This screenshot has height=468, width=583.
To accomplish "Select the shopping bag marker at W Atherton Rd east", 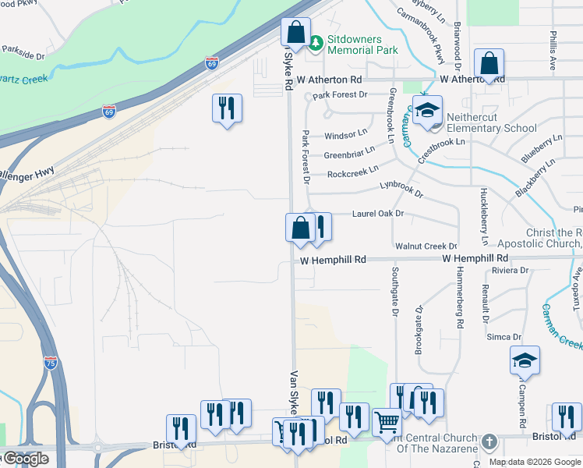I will tap(489, 65).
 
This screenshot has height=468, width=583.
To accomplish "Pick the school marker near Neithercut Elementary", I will tap(427, 111).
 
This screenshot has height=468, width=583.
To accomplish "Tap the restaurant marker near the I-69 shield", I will tap(227, 108).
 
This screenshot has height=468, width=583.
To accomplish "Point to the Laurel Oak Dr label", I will tap(378, 213).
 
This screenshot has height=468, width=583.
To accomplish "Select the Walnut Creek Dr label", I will tap(426, 246).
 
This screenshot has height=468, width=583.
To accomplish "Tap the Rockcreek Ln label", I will tap(352, 171).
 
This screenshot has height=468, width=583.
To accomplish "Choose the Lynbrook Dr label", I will tap(401, 189).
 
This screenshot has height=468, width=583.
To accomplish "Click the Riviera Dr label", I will tap(511, 271).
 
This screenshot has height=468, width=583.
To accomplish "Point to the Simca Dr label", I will tap(503, 337).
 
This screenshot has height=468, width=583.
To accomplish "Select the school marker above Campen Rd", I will tap(525, 360).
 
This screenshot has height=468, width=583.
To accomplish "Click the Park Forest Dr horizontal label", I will tap(340, 95).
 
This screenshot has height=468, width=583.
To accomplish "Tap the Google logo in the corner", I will tap(25, 459).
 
